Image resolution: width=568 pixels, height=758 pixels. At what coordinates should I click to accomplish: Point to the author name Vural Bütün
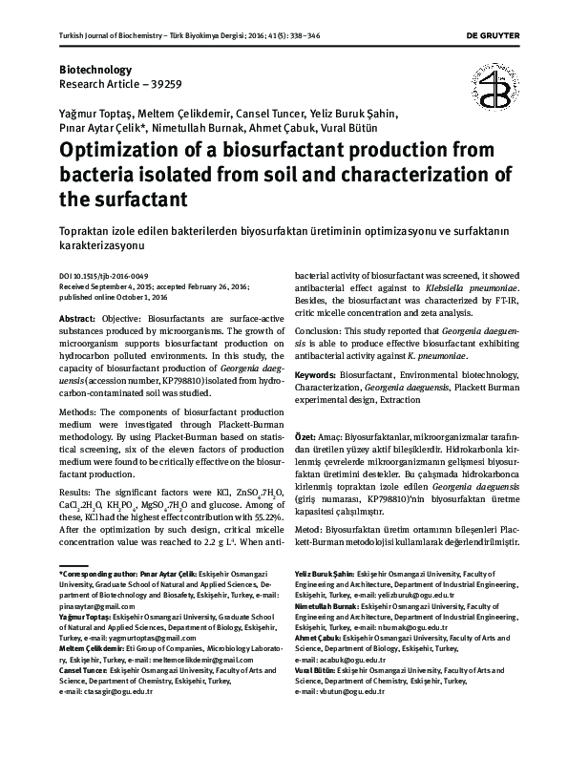coord(348,127)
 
